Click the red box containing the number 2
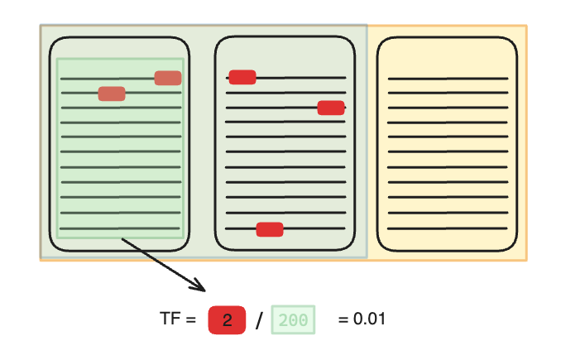tap(227, 320)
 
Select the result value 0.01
tap(369, 319)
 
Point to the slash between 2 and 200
tap(258, 321)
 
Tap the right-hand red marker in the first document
tap(168, 78)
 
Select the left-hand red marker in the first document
tap(112, 94)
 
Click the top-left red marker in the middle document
tap(242, 77)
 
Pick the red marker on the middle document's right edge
tap(331, 108)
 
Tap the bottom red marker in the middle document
tap(270, 229)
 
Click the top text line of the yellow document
tap(448, 79)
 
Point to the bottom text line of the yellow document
tap(448, 228)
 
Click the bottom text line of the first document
tap(120, 228)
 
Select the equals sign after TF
tap(191, 319)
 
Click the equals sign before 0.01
tap(343, 319)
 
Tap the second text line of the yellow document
tap(448, 94)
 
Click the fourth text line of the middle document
tap(285, 122)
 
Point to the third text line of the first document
tap(120, 108)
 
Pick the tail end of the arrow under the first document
tap(123, 240)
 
